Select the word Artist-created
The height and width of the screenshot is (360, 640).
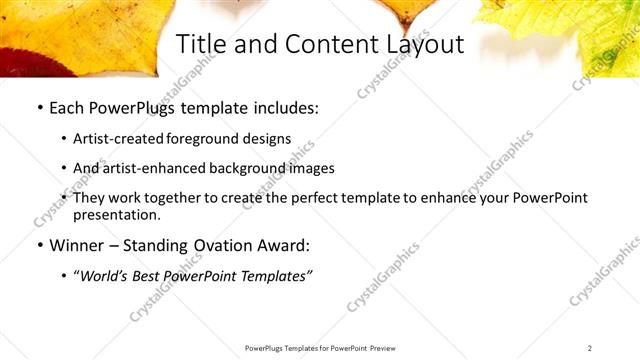click(119, 139)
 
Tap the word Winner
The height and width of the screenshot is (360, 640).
click(77, 245)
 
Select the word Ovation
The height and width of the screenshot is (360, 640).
click(241, 245)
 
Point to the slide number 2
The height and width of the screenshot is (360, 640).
click(590, 348)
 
